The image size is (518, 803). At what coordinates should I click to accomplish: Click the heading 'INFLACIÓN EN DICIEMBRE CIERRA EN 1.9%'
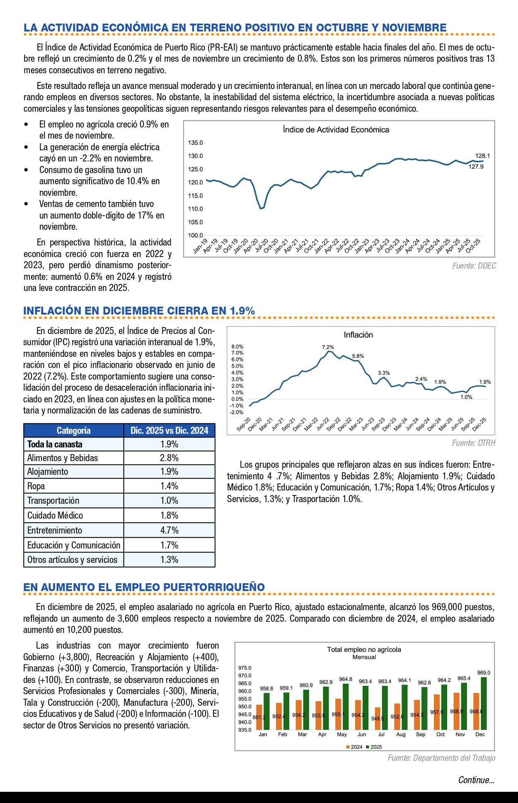[139, 311]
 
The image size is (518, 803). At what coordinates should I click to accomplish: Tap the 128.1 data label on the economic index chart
[482, 156]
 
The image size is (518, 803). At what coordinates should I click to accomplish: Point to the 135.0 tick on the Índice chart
[196, 143]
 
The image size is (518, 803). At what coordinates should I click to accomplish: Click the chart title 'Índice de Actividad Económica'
[336, 130]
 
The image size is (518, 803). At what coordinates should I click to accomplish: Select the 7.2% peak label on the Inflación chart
[328, 347]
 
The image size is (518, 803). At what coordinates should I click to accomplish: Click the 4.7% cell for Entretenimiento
[169, 530]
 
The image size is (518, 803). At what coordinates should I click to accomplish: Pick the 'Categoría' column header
[73, 430]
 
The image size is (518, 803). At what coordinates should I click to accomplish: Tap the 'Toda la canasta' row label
[55, 444]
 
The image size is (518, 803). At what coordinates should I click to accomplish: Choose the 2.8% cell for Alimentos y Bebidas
[169, 458]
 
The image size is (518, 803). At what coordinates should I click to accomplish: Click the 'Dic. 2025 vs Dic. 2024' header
[169, 430]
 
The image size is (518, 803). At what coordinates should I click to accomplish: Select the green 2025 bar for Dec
[484, 703]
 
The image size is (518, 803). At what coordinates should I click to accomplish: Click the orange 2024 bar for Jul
[378, 719]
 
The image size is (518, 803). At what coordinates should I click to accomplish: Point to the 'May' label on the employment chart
[342, 734]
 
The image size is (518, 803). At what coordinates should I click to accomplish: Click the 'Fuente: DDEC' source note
[474, 266]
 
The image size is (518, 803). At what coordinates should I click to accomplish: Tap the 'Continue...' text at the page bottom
[476, 780]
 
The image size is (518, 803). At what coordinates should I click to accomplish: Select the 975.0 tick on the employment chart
[244, 668]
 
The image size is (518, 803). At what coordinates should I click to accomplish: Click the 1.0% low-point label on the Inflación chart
[466, 397]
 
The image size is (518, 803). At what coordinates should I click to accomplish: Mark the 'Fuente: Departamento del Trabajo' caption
[441, 758]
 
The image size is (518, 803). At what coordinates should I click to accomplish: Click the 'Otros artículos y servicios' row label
[73, 560]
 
